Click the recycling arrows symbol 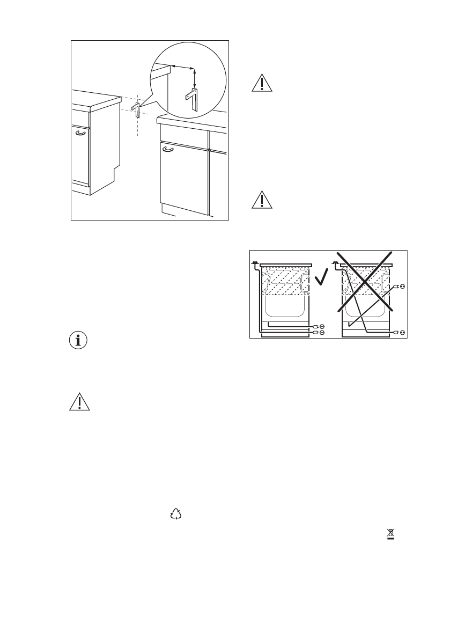(x=175, y=515)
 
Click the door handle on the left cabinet (x=80, y=133)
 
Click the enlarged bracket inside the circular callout (x=191, y=100)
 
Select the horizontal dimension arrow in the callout (x=182, y=67)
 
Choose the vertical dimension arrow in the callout (x=195, y=78)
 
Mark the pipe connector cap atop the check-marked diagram (x=254, y=262)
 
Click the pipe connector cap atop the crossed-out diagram (x=336, y=262)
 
